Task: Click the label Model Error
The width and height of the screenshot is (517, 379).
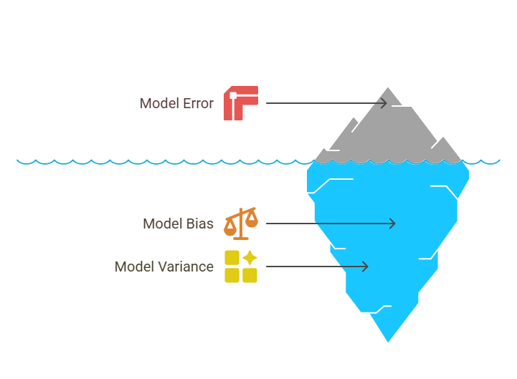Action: coord(176,103)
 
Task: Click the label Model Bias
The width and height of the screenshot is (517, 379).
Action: coord(178,224)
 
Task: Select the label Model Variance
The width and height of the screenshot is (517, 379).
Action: coord(164,267)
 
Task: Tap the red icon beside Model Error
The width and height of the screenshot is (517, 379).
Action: coord(240,103)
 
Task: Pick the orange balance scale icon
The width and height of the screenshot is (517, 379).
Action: coord(240,223)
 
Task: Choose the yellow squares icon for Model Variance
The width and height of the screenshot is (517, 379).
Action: coord(240,267)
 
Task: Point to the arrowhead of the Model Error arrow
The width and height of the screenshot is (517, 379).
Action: coord(385,103)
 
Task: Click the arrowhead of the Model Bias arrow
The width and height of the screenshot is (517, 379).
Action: coord(393,224)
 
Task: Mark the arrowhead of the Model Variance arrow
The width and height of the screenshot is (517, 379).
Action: coord(366,267)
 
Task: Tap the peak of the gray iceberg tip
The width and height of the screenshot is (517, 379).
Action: coord(389,88)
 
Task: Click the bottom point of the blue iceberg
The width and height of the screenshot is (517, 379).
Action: coord(388,341)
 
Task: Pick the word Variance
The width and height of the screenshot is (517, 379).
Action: coord(189,267)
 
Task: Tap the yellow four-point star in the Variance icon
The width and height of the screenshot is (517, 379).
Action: coord(250,258)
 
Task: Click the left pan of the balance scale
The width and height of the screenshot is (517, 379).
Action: coord(229,229)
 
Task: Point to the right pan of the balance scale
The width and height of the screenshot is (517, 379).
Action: coord(252,221)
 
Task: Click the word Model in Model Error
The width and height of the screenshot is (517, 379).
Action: coord(158,103)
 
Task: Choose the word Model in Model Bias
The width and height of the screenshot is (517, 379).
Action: coord(161,224)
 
